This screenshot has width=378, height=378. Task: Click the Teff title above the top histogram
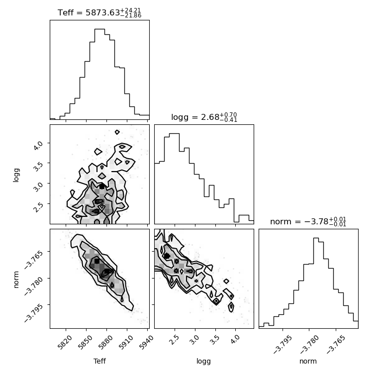tap(99, 12)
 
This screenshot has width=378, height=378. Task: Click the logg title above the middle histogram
tap(204, 117)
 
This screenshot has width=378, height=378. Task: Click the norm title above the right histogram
tap(308, 221)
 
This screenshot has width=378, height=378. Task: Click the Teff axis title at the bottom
tap(99, 361)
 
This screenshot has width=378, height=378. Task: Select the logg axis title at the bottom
tap(204, 361)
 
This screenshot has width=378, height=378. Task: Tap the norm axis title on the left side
tap(16, 280)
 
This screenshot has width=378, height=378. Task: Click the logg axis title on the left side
tap(16, 175)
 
